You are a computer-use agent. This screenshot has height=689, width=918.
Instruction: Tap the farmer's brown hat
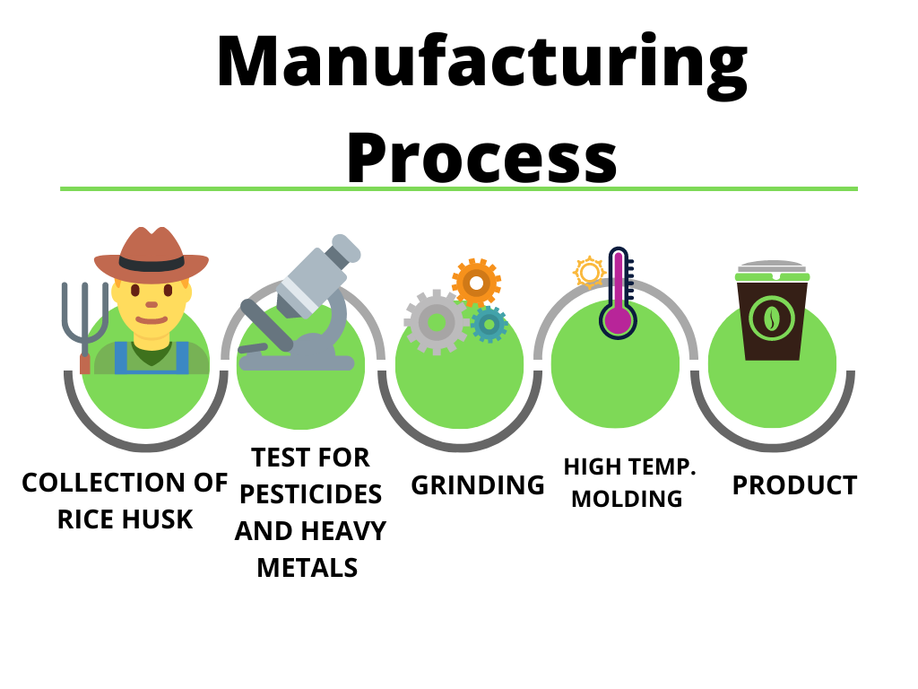[151, 254]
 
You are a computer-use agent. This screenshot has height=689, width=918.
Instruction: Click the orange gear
[476, 283]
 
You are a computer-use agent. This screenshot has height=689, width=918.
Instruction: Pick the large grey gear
[437, 322]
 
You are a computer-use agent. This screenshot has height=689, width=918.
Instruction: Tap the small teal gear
[489, 324]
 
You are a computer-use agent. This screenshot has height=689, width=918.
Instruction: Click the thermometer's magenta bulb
[618, 321]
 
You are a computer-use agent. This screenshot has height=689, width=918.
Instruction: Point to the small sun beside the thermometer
[589, 273]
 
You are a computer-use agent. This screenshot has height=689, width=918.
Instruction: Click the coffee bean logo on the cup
[771, 318]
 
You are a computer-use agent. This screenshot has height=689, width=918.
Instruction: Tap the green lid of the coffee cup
[772, 276]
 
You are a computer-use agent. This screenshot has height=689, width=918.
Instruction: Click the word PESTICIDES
[310, 494]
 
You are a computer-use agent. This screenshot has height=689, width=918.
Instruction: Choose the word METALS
[307, 568]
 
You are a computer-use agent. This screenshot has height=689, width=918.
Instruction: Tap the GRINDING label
[478, 485]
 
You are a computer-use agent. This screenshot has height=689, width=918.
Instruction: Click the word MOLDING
[627, 499]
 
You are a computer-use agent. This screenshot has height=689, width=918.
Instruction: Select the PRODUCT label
[794, 485]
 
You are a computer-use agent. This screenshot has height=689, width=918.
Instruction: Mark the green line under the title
[459, 188]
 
